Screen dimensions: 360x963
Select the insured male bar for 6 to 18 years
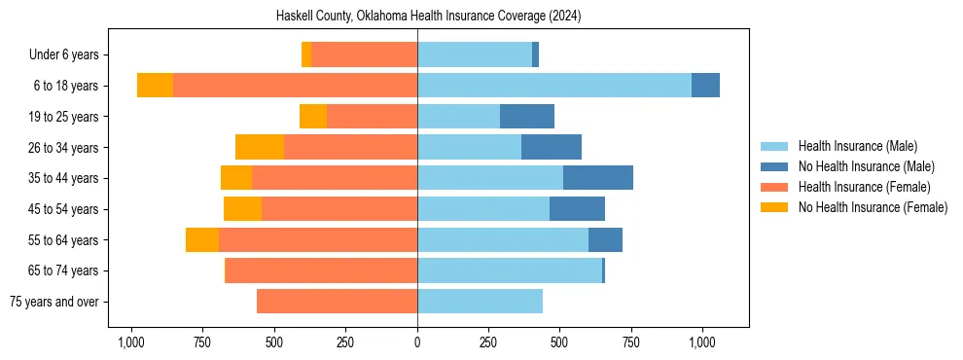(554, 86)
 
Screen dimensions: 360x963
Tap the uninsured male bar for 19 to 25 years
(527, 117)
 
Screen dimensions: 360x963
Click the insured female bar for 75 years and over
(337, 302)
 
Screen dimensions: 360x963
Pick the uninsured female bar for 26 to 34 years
(260, 147)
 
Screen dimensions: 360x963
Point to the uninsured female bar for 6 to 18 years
(155, 86)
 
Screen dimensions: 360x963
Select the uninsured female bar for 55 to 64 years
(202, 239)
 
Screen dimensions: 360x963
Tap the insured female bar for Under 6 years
(364, 54)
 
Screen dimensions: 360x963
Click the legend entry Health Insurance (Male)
(857, 146)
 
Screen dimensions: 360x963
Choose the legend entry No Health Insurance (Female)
(872, 207)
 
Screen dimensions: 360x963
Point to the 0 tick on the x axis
(417, 342)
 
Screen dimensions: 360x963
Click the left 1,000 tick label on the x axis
(131, 342)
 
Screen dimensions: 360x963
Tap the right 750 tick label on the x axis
(631, 342)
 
